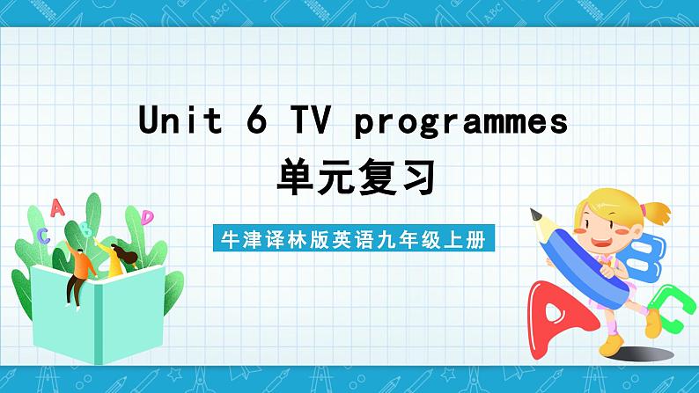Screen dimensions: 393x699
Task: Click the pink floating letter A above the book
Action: [x=57, y=207]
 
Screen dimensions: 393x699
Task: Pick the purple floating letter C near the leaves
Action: [x=43, y=235]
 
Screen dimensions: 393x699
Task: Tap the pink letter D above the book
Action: [x=147, y=216]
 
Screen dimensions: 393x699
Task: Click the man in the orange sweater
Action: [x=79, y=267]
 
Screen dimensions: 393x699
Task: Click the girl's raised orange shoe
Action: [x=652, y=324]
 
